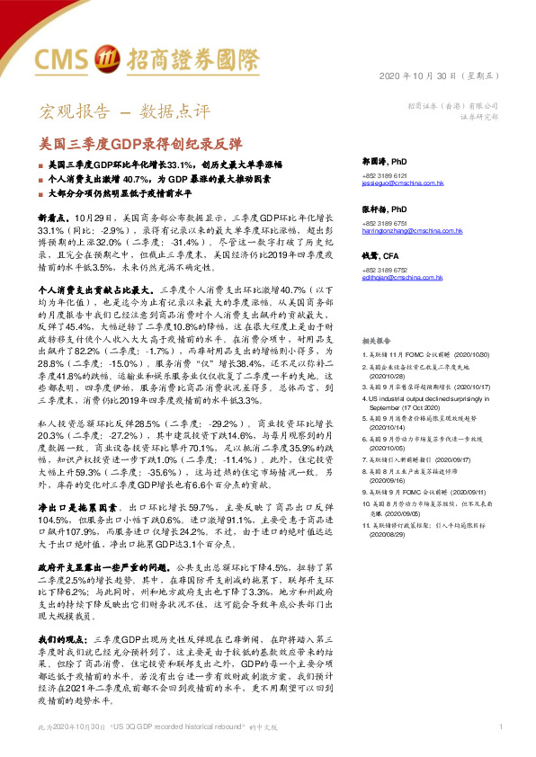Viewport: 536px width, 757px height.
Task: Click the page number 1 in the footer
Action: pyautogui.click(x=500, y=726)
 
